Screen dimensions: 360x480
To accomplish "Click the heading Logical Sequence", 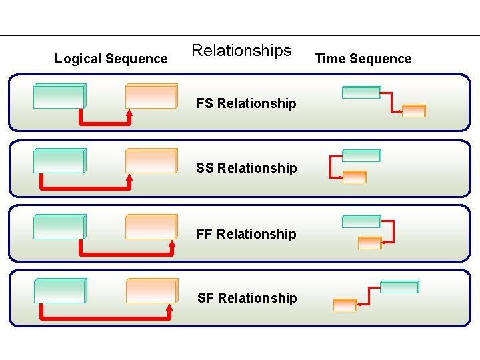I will pyautogui.click(x=111, y=59).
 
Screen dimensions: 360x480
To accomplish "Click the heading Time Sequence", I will pyautogui.click(x=363, y=59).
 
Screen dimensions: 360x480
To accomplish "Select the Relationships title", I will pyautogui.click(x=241, y=51).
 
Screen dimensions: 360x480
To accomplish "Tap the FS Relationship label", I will pyautogui.click(x=246, y=103).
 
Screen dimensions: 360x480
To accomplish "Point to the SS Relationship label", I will pyautogui.click(x=246, y=168).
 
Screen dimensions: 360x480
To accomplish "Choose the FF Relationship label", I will pyautogui.click(x=246, y=234).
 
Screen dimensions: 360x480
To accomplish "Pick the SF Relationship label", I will pyautogui.click(x=247, y=298).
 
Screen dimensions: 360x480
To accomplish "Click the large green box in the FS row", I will pyautogui.click(x=59, y=96).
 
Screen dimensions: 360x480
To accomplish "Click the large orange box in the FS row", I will pyautogui.click(x=151, y=96).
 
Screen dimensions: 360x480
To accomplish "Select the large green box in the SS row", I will pyautogui.click(x=59, y=161).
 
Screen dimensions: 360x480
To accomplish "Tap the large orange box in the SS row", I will pyautogui.click(x=151, y=161).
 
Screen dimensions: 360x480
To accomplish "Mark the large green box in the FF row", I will pyautogui.click(x=59, y=227).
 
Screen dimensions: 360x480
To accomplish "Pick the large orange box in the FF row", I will pyautogui.click(x=151, y=227).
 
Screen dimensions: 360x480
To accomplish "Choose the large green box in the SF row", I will pyautogui.click(x=59, y=291).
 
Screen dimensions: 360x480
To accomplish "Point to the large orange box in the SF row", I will pyautogui.click(x=151, y=291).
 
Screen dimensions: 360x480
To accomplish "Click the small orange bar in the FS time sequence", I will pyautogui.click(x=413, y=111).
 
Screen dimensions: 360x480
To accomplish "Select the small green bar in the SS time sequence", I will pyautogui.click(x=361, y=155).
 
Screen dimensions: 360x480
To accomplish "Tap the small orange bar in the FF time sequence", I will pyautogui.click(x=369, y=243).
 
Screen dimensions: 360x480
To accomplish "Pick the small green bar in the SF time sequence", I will pyautogui.click(x=399, y=287).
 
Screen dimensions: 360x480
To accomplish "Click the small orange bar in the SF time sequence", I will pyautogui.click(x=345, y=305).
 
